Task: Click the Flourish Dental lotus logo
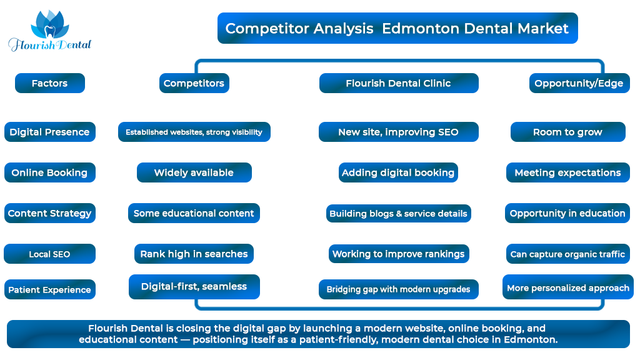point(50,31)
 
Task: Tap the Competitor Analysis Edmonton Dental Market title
point(397,28)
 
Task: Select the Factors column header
point(50,83)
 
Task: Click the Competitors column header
point(194,83)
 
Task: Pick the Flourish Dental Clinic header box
point(399,83)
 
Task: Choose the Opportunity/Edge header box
point(579,83)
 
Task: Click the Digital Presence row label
point(50,132)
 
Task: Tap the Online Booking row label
point(50,172)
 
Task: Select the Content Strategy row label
point(50,213)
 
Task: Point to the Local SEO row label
point(50,254)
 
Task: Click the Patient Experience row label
point(50,289)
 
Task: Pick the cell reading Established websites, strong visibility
point(194,132)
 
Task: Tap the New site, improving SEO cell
point(399,132)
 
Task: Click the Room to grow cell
point(567,132)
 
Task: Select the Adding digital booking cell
point(398,172)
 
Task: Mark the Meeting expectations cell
point(567,172)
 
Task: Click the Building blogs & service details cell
point(398,214)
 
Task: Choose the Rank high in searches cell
point(194,254)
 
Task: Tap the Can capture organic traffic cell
point(567,254)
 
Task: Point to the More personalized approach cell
point(568,287)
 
